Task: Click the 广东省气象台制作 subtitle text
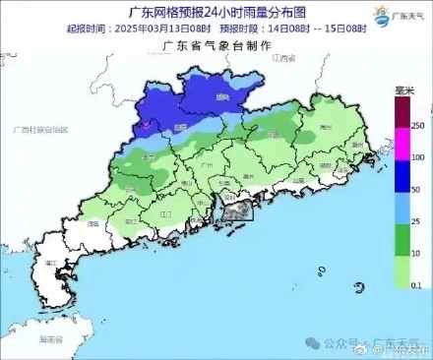point(212,46)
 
